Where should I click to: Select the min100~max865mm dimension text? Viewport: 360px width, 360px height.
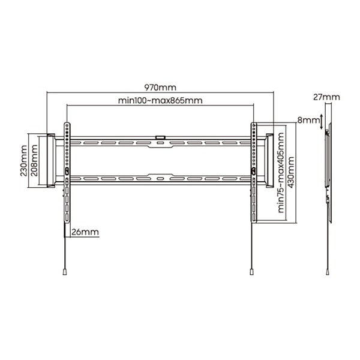(x=161, y=100)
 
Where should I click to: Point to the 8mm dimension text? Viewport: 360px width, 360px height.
(x=309, y=121)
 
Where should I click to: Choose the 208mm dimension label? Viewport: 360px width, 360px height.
(x=35, y=160)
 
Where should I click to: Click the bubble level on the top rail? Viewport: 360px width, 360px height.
(x=160, y=137)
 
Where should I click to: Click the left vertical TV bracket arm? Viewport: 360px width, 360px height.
(x=67, y=174)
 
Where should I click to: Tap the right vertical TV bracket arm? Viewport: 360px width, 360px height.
(x=254, y=174)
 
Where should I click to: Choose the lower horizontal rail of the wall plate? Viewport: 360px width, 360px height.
(x=160, y=179)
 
